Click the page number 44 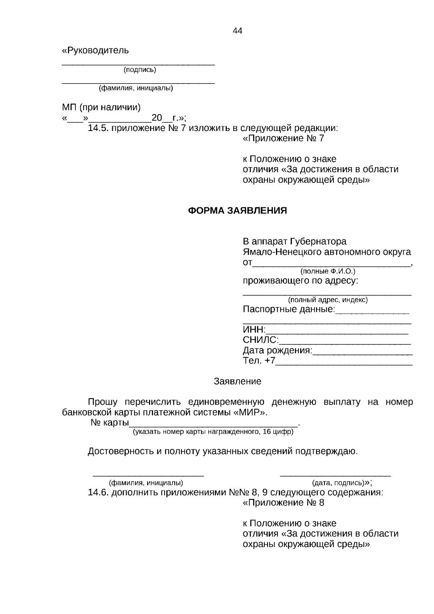pos(238,31)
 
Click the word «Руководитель pos(95,50)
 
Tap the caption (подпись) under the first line pos(140,70)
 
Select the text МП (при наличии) pos(101,107)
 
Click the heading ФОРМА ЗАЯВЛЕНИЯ pos(237,211)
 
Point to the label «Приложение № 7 pos(283,138)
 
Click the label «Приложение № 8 pos(283,503)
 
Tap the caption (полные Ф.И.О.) pos(328,271)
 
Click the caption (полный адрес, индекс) pos(328,300)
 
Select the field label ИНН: pos(254,330)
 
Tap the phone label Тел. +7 pos(259,361)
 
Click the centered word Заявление pos(237,381)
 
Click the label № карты pos(110,423)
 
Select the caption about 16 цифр pos(213,432)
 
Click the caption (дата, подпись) pos(337,483)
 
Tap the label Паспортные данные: pos(289,309)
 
